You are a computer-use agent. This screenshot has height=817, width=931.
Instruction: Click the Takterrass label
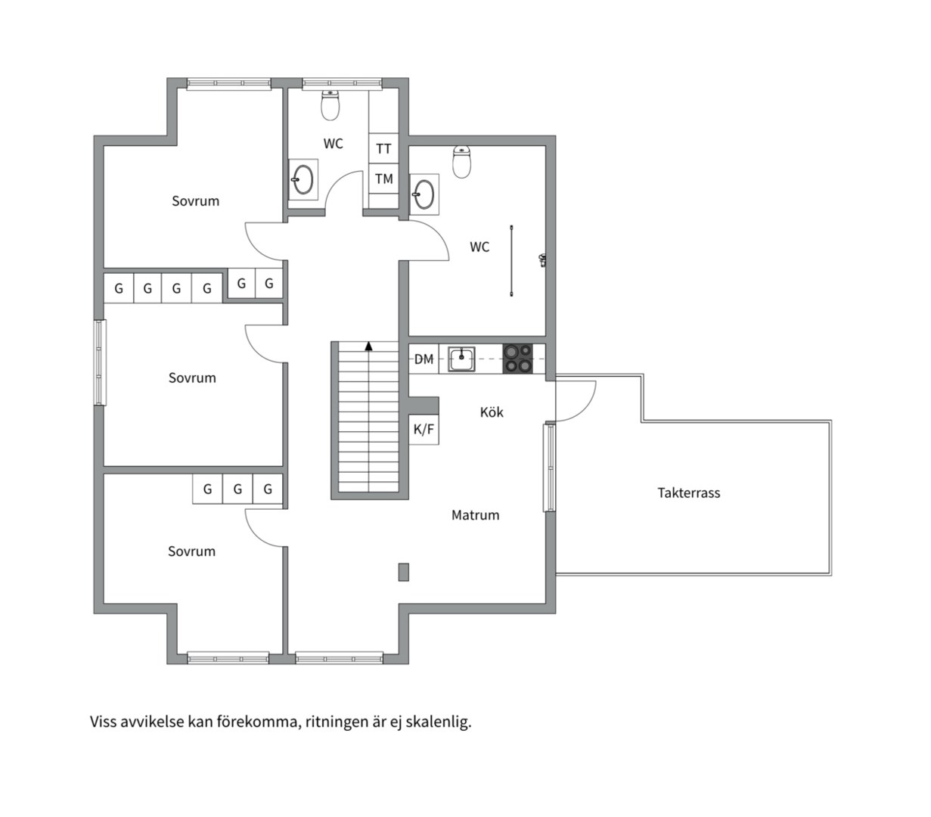coord(688,493)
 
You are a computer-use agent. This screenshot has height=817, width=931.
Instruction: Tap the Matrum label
coord(475,515)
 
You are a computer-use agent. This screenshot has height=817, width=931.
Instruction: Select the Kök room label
coord(492,412)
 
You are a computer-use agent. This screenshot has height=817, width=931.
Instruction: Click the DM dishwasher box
coord(424,359)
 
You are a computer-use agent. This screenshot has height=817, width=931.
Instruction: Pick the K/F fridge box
coord(424,430)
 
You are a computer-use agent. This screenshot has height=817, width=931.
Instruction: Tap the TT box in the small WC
coord(383,148)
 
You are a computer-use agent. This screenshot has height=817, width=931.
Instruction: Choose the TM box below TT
coord(383,179)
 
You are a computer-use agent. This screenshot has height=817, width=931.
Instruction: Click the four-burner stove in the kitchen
coord(518,359)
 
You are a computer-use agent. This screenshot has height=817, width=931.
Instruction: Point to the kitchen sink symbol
coord(461,359)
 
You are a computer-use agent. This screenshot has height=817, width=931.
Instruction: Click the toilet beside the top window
coord(330,105)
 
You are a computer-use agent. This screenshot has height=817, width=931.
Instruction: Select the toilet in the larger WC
coord(462,162)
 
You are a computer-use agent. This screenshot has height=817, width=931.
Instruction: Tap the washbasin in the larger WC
coord(424,194)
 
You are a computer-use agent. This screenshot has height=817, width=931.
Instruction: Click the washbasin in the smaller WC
coord(303,179)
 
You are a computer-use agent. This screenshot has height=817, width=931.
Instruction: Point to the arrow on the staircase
coord(368,346)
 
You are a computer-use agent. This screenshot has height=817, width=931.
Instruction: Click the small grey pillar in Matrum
coord(403,572)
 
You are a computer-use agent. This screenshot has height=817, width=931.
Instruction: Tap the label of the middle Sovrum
coord(192,378)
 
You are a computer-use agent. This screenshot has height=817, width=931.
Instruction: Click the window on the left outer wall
coord(100,362)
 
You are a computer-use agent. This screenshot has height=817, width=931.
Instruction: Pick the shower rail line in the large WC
coord(511,260)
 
